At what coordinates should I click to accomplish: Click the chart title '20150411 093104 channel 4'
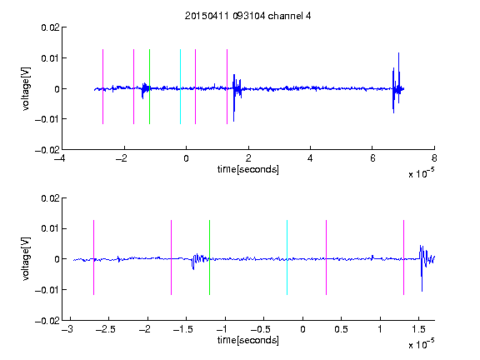(x=247, y=16)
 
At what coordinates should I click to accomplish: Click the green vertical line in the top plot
(x=149, y=87)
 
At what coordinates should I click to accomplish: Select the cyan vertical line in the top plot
(x=180, y=87)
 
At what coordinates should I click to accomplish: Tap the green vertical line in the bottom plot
(x=209, y=257)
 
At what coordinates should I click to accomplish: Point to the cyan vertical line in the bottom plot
(x=287, y=257)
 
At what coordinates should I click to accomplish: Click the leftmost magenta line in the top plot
(x=102, y=87)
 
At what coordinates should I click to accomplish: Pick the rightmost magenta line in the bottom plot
(x=403, y=257)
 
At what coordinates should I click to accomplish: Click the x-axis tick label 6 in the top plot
(x=372, y=158)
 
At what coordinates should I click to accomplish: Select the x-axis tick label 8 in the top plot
(x=434, y=158)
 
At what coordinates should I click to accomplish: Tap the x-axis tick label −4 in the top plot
(x=60, y=158)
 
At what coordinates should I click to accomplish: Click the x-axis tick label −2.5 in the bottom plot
(x=106, y=329)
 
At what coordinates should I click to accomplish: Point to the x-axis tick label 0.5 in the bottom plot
(x=341, y=329)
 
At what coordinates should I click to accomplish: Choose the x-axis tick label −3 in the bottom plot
(x=67, y=329)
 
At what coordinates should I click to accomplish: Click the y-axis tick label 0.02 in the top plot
(x=50, y=27)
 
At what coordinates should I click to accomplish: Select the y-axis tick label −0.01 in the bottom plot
(x=47, y=290)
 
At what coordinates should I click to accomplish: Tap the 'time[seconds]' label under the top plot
(x=248, y=169)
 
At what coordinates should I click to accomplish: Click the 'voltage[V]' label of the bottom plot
(x=27, y=258)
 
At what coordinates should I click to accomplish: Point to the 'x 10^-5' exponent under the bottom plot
(x=421, y=344)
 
